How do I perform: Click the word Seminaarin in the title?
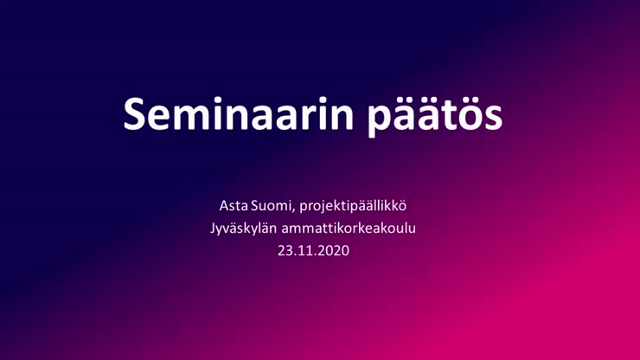click(x=239, y=113)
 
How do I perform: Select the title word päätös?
click(x=435, y=117)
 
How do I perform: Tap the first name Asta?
click(x=234, y=206)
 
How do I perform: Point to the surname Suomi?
click(x=271, y=206)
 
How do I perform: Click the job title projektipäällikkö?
click(x=353, y=206)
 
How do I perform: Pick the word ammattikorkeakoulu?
click(x=349, y=228)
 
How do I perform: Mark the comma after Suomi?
click(x=294, y=210)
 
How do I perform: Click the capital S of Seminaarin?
click(x=134, y=114)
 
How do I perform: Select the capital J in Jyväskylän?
click(x=213, y=228)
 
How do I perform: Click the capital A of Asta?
click(x=224, y=206)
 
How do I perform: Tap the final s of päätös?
click(x=491, y=119)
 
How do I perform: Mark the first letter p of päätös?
click(x=379, y=121)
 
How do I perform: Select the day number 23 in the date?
click(x=285, y=250)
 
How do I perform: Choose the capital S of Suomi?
click(x=254, y=206)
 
